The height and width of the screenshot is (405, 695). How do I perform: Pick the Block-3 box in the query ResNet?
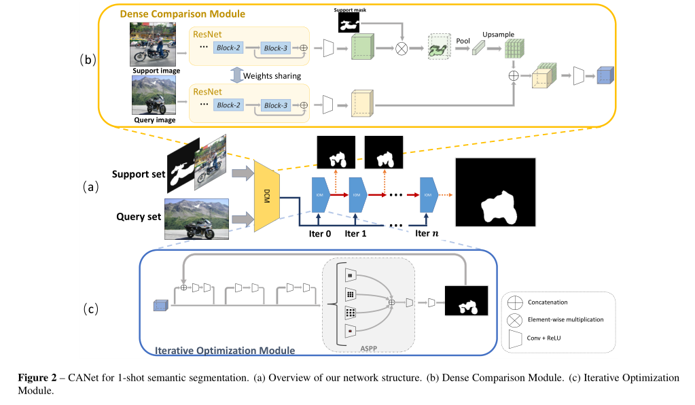click(x=276, y=105)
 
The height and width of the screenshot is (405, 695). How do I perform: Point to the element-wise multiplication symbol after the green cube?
click(x=402, y=48)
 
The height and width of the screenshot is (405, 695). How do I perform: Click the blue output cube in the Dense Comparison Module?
click(x=604, y=75)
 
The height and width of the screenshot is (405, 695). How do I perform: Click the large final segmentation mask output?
click(x=495, y=193)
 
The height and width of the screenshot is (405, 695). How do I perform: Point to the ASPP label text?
click(x=370, y=347)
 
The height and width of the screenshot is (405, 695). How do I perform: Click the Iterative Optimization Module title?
click(x=225, y=351)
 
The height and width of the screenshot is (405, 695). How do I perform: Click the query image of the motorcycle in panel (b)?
click(x=154, y=95)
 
